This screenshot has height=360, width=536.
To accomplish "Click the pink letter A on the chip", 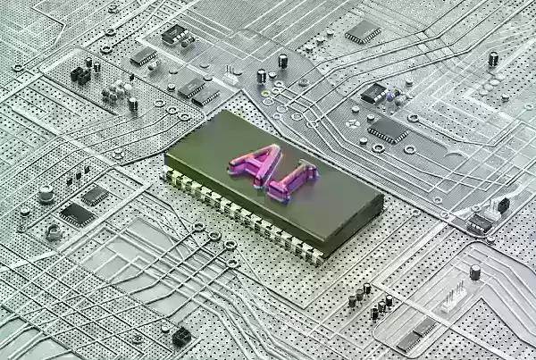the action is pos(256,164).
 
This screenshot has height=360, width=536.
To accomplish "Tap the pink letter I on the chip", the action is pos(293,180).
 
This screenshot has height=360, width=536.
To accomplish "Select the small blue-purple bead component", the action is pos(389,97).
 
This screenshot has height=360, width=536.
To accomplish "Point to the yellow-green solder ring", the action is pos(265,93).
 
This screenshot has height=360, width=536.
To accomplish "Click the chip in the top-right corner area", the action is pos(363,32).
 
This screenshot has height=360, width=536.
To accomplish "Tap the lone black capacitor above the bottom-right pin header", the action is pos(475,272).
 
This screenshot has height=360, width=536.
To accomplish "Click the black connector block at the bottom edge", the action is pos(181,337).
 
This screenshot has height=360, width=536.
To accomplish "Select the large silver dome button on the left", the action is pos(46,194).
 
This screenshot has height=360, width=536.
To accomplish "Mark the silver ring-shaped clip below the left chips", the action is pos(54,233).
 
